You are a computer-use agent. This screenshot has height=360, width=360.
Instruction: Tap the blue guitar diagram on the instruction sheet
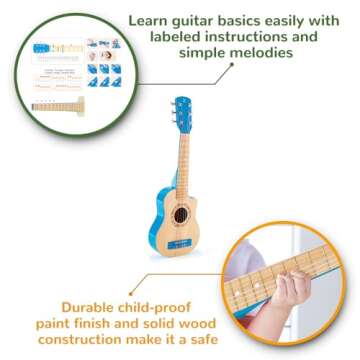(x=40, y=46)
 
